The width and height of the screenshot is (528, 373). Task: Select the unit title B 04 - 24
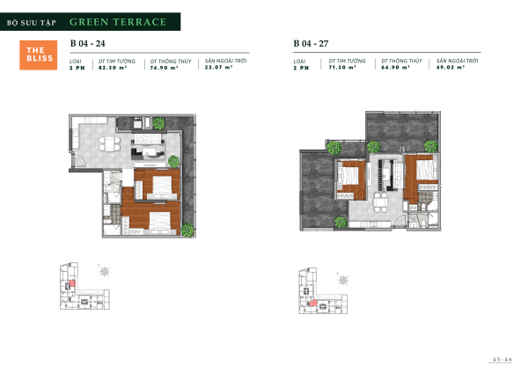[x=87, y=42]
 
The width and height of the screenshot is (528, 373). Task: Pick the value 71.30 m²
[x=341, y=67]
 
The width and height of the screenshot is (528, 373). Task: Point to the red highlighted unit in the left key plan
[x=74, y=284]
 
